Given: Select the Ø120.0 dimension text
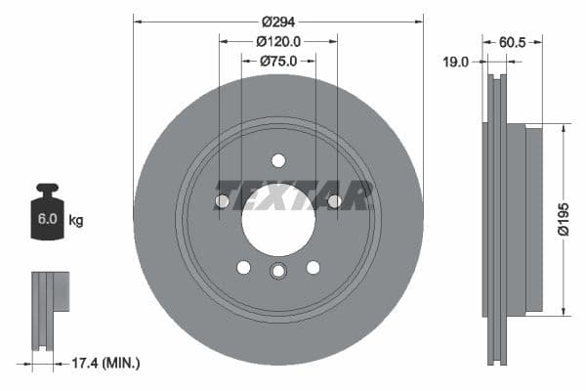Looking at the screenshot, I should click(278, 42).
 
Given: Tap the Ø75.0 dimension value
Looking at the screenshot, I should click(278, 62).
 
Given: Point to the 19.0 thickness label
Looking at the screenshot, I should click(456, 62).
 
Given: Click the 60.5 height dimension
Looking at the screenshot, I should click(514, 42).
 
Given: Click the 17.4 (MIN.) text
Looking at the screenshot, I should click(107, 363).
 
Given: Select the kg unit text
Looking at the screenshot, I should click(76, 221).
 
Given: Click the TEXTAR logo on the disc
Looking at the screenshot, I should click(293, 195).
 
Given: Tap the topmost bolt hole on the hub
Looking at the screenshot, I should click(278, 160).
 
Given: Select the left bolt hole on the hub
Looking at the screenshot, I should click(222, 201).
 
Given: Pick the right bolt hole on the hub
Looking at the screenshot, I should click(335, 201).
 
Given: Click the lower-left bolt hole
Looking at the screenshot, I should click(243, 267).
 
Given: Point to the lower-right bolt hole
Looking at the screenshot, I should click(314, 267).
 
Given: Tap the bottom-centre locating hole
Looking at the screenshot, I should click(278, 272).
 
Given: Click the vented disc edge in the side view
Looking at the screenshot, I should click(497, 219).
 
